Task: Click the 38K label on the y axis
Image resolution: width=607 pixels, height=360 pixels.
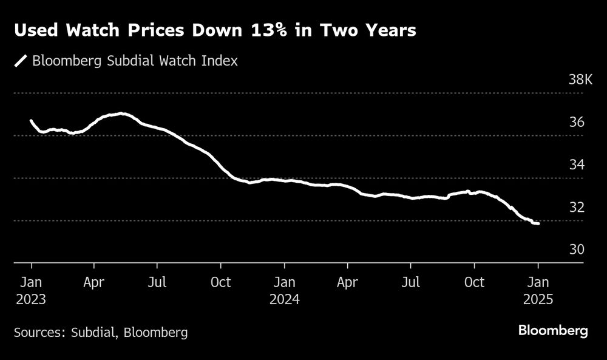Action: pyautogui.click(x=580, y=80)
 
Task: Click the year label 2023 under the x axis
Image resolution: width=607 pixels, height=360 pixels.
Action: pyautogui.click(x=30, y=299)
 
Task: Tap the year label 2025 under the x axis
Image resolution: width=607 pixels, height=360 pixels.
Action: pyautogui.click(x=538, y=299)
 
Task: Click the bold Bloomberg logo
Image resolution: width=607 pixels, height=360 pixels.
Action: pyautogui.click(x=553, y=331)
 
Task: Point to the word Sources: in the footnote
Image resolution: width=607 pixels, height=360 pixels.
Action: pyautogui.click(x=39, y=332)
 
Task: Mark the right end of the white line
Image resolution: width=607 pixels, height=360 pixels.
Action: pyautogui.click(x=538, y=223)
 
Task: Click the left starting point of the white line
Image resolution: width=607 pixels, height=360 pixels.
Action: pyautogui.click(x=31, y=121)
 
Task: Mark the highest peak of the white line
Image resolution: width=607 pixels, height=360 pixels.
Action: pyautogui.click(x=121, y=114)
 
